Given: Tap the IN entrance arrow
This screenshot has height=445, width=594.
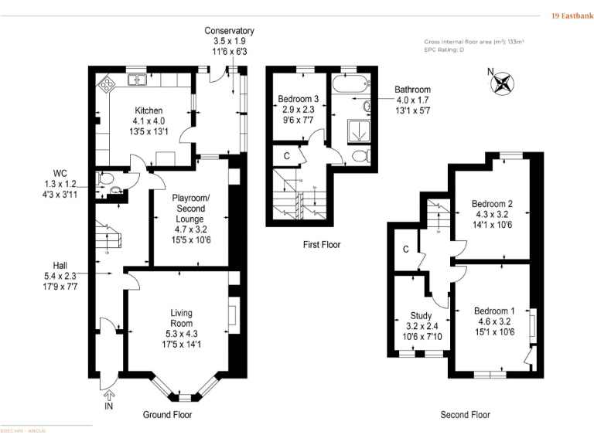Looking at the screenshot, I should point(108,396).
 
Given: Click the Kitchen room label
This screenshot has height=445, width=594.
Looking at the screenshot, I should point(148,110).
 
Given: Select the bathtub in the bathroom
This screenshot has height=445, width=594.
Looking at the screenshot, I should point(350,83).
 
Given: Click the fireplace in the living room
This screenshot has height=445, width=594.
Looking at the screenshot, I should point(232,317).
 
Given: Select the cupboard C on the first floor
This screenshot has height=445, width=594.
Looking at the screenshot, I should point(286,155).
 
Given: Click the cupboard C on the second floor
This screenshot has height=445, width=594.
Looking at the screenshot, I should point(405,249).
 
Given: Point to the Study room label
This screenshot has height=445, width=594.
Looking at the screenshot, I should point(421,315).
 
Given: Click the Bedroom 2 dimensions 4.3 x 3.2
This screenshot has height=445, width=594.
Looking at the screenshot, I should point(493,215).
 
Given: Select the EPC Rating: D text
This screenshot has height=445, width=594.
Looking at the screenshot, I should point(445,49).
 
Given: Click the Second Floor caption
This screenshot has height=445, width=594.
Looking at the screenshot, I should point(465,415).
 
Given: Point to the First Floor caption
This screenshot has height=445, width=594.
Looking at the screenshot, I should point(321,245).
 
